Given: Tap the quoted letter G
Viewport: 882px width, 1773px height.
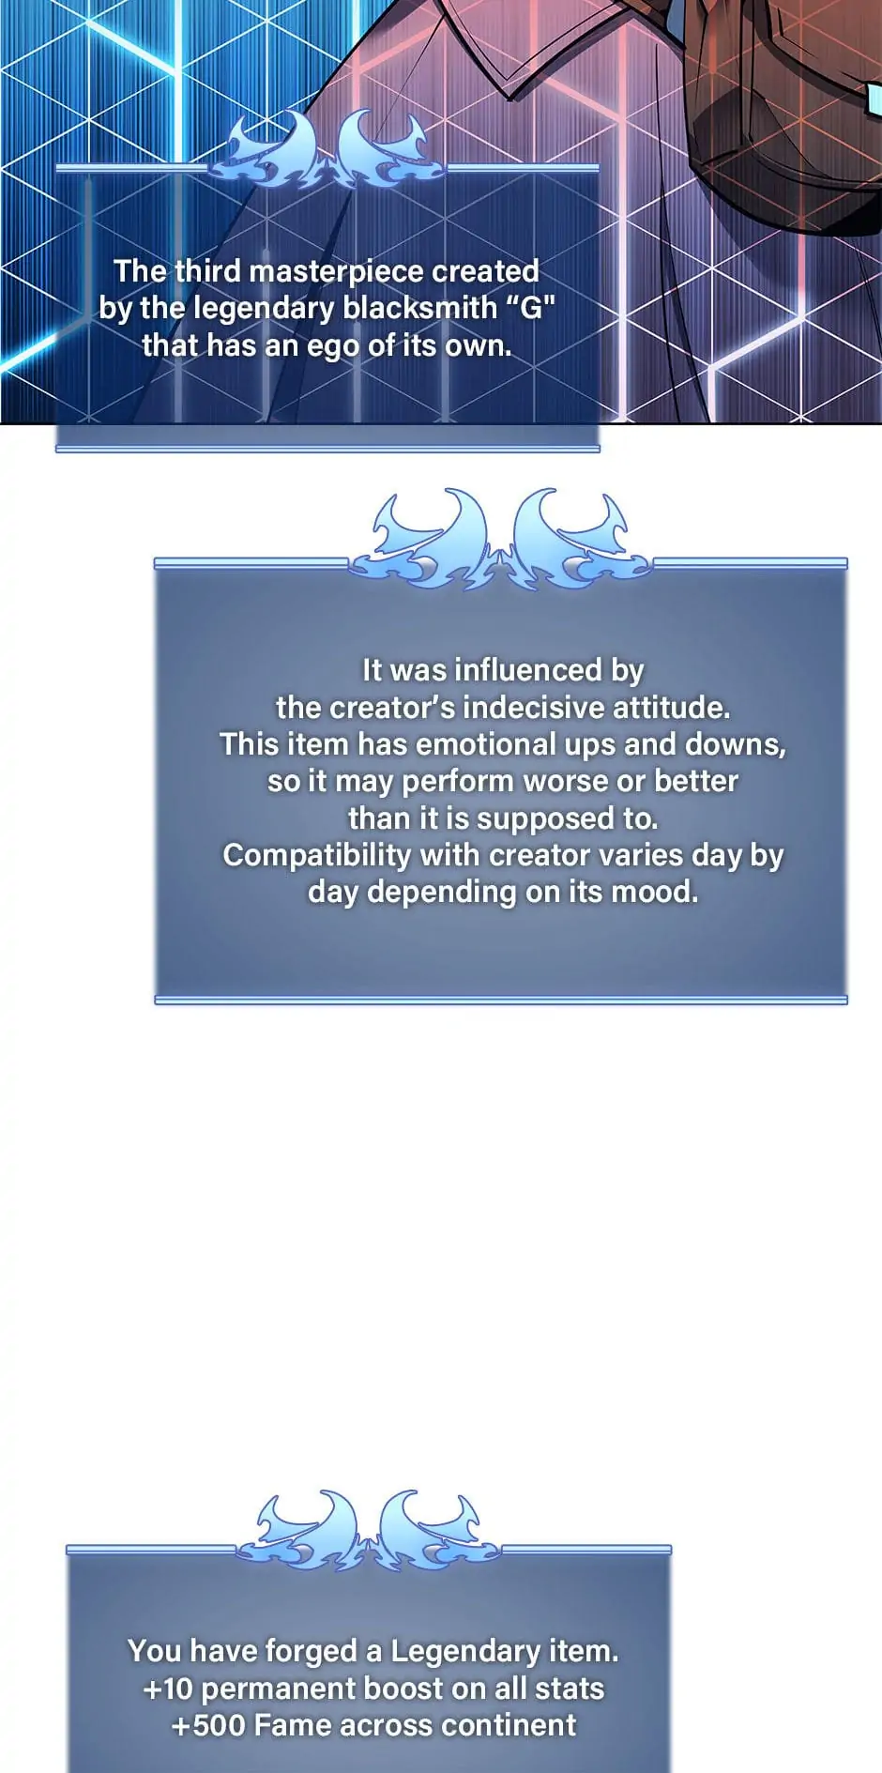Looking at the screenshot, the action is [x=532, y=308].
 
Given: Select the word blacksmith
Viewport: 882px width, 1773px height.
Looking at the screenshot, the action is [x=419, y=308].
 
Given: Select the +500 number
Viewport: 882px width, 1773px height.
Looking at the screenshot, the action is [x=208, y=1726].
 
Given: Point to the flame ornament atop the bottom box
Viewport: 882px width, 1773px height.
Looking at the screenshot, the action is [x=369, y=1529].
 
